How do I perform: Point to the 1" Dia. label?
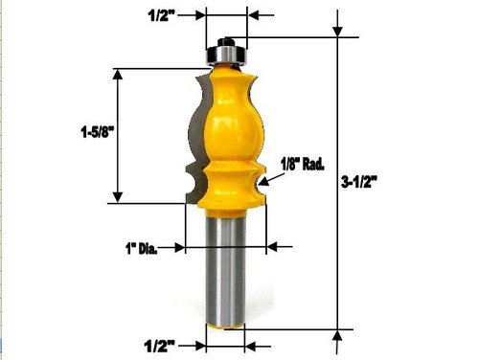(138, 247)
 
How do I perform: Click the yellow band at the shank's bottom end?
(226, 324)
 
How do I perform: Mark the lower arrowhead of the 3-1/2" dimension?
(338, 335)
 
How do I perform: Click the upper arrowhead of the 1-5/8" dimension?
(119, 75)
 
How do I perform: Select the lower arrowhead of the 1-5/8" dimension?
(119, 196)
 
